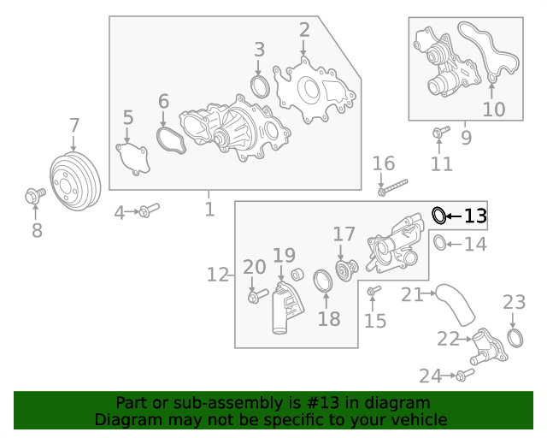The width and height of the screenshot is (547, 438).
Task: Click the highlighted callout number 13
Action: coord(475,216)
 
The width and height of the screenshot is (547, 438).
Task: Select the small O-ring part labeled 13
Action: coord(438,215)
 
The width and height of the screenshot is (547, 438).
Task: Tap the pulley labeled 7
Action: coord(75,182)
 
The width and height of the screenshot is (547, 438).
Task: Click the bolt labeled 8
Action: coord(35,197)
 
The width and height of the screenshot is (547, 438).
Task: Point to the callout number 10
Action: coord(494,109)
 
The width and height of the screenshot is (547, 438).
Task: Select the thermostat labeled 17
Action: coord(345,270)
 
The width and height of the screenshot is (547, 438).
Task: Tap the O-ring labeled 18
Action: coord(324,281)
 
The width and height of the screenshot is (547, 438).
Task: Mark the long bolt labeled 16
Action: coord(392,187)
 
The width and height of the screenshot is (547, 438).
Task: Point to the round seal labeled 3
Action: coord(260,86)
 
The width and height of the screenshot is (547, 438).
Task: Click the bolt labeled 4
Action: coord(149,210)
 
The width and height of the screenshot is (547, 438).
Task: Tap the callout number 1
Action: coord(209,208)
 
